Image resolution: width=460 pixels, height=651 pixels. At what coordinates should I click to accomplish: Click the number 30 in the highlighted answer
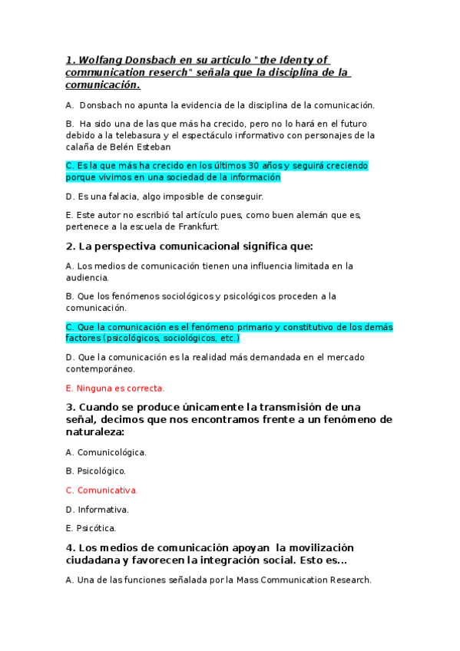coord(230,166)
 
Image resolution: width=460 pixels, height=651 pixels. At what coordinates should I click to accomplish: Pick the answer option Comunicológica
coord(111,452)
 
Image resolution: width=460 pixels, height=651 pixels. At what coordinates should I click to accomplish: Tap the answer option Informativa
coord(103,509)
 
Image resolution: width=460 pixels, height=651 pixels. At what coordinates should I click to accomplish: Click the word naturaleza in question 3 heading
coord(97,432)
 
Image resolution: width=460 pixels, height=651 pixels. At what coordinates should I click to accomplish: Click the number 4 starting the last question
coord(70,547)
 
